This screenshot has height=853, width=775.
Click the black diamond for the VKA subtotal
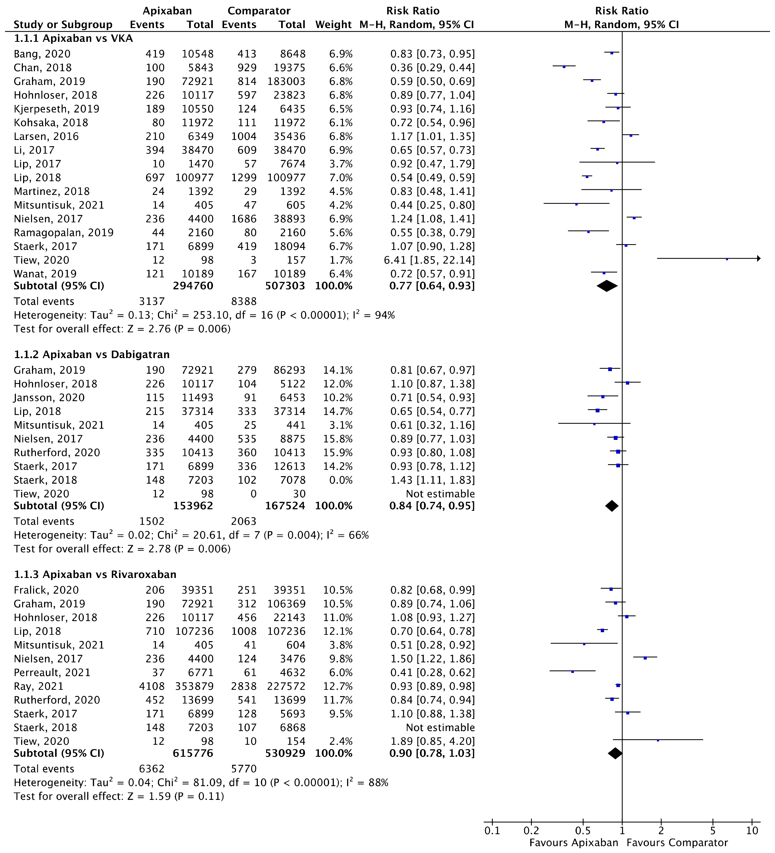point(607,286)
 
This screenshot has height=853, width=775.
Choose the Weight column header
point(333,25)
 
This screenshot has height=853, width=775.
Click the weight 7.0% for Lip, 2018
point(341,178)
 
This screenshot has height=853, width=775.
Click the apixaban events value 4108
point(151,686)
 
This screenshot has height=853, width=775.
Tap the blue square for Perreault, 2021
point(572,671)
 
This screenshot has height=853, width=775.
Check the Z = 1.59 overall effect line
point(118,796)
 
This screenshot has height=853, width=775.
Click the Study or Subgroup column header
point(63,25)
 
